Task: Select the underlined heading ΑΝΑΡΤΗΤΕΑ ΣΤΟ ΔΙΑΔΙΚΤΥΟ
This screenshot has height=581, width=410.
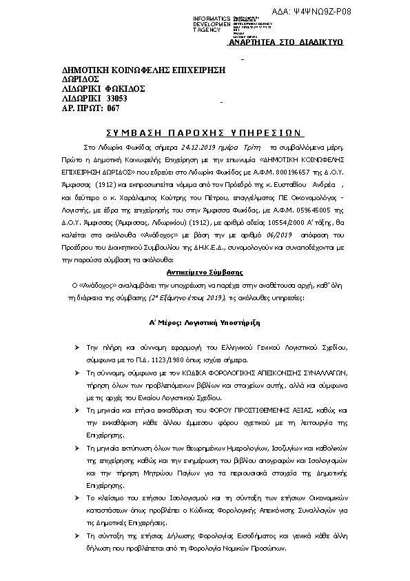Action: pyautogui.click(x=286, y=42)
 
